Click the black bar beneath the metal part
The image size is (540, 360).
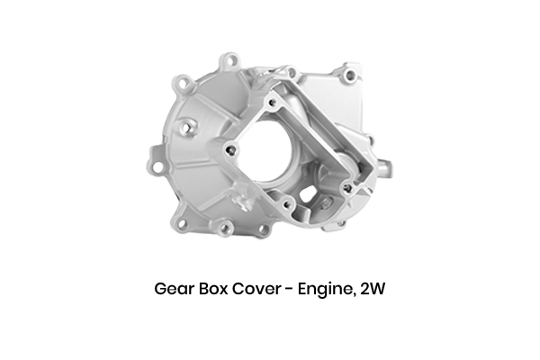[269, 291]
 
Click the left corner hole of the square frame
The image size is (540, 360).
[232, 148]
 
